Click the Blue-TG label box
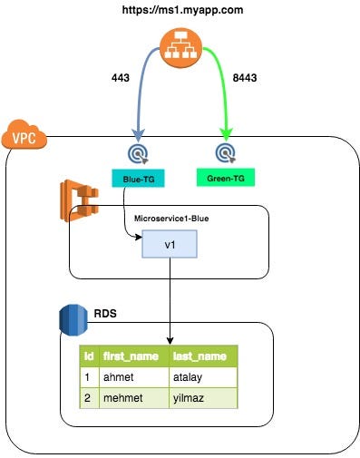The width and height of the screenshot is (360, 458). [137, 178]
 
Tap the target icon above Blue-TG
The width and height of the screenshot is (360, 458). [137, 150]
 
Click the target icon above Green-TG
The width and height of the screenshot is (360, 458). [226, 150]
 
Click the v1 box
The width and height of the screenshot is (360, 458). [169, 246]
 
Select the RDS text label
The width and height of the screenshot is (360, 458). [105, 314]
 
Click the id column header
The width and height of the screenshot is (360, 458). [89, 356]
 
